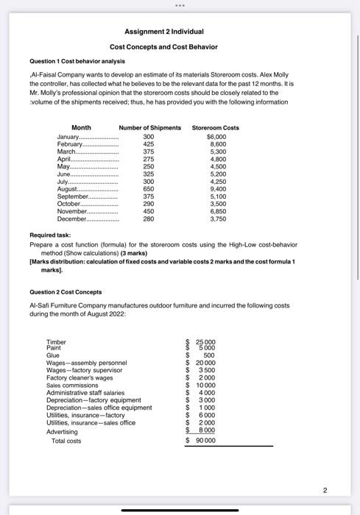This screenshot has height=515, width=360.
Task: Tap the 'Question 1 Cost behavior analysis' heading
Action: (77, 61)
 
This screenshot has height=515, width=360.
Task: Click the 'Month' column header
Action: (81, 128)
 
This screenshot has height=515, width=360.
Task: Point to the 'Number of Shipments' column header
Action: (149, 128)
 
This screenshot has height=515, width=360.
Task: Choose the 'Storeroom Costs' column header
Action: (215, 128)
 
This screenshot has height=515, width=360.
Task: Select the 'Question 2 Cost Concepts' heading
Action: (66, 292)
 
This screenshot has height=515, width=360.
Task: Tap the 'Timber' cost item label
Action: (56, 342)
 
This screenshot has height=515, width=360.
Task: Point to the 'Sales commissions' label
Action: (72, 385)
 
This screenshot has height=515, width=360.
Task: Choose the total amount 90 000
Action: (205, 440)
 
